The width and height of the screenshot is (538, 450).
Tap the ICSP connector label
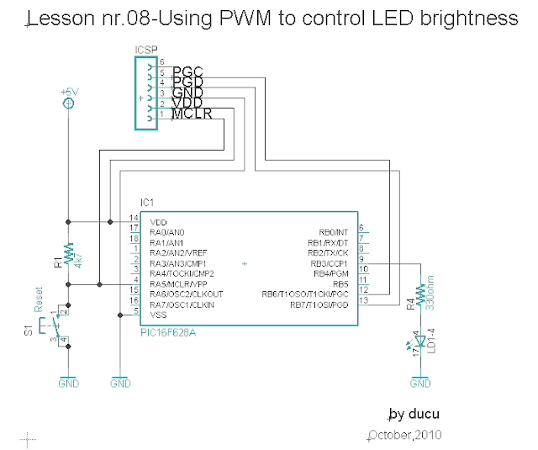[x=145, y=50]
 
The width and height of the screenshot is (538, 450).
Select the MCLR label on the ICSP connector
[x=192, y=114]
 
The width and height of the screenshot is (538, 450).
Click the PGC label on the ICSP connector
[x=188, y=72]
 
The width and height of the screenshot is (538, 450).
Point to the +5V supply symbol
[x=69, y=102]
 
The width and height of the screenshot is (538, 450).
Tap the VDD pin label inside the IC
[x=158, y=222]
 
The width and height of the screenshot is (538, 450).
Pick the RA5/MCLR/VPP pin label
[x=179, y=284]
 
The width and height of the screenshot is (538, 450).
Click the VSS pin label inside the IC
[x=158, y=315]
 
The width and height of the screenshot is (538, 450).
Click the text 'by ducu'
[x=414, y=415]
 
